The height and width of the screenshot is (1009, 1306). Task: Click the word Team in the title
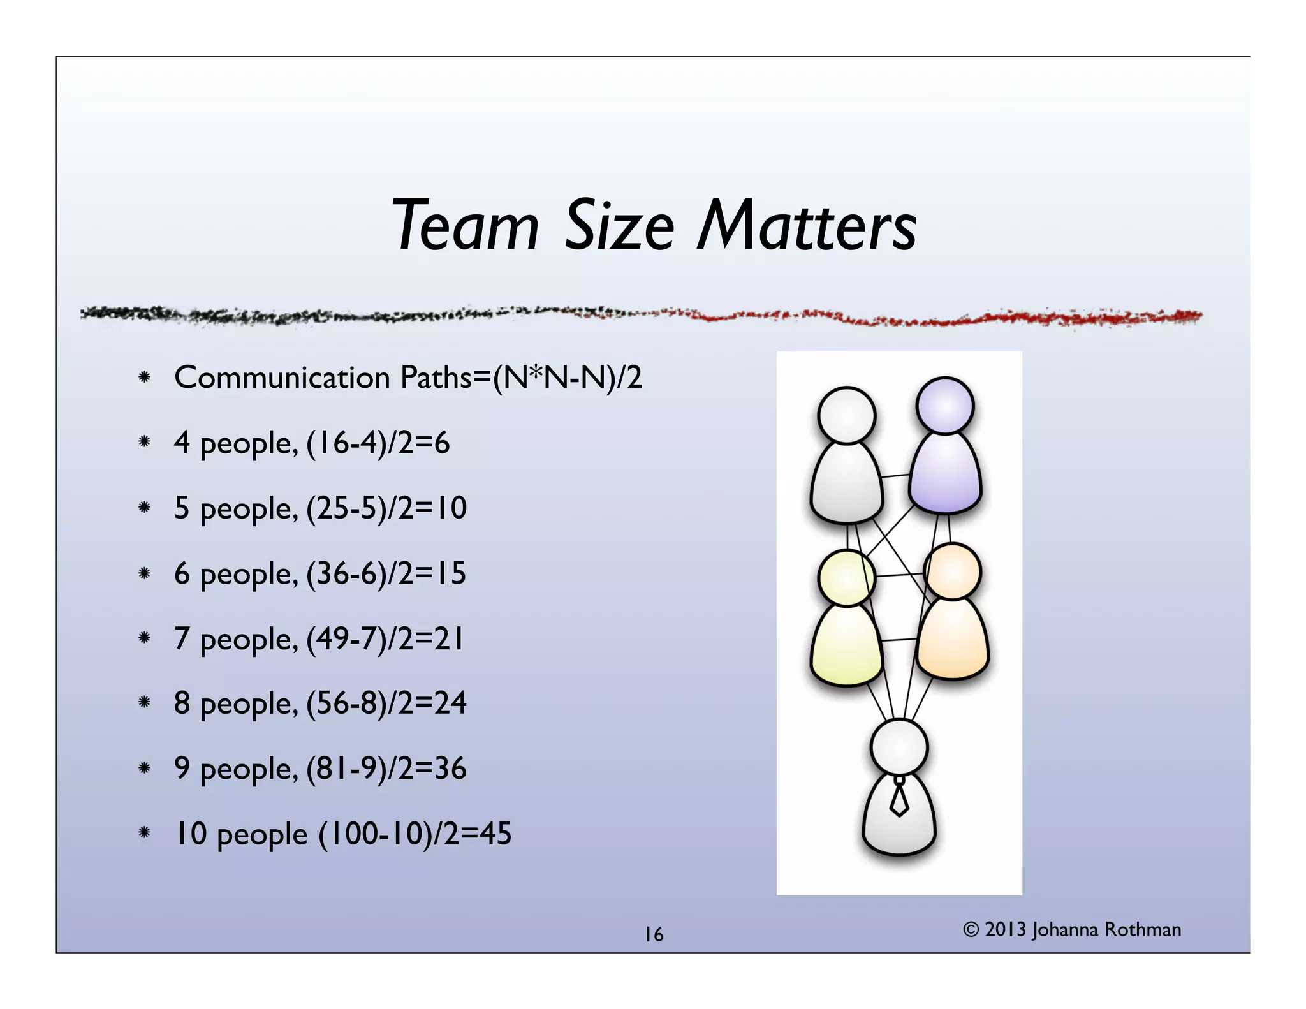tap(466, 226)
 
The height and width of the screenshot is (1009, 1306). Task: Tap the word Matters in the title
tap(807, 226)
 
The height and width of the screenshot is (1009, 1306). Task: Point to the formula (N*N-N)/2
tap(568, 378)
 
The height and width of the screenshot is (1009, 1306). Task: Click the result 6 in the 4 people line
tap(441, 443)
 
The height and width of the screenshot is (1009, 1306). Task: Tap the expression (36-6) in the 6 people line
tap(342, 574)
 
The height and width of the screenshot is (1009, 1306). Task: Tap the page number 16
tap(654, 935)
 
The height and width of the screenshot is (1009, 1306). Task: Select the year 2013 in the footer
tap(1005, 930)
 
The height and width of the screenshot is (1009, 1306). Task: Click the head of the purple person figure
tap(945, 406)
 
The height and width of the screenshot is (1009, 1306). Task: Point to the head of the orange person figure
tap(952, 571)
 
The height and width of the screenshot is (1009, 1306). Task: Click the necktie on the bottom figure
tap(899, 799)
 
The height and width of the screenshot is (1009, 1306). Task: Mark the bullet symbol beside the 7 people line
tap(145, 637)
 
